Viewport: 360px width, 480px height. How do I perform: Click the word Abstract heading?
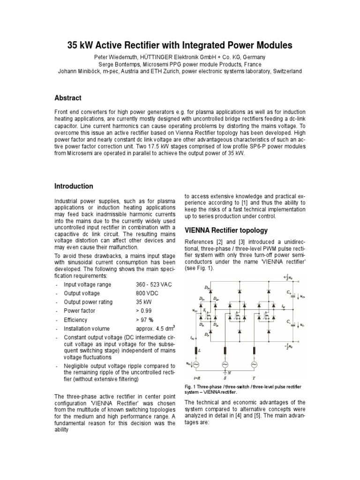[x=68, y=98]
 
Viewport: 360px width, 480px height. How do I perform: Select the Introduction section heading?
[x=74, y=186]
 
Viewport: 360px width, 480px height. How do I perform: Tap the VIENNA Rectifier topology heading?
[x=226, y=230]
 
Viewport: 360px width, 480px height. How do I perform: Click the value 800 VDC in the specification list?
[x=148, y=293]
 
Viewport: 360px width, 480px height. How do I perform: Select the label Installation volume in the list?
[x=87, y=328]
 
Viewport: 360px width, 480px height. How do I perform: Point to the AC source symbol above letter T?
[x=255, y=364]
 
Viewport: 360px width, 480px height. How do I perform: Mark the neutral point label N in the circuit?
[x=230, y=374]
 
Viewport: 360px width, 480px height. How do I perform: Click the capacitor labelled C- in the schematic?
[x=292, y=323]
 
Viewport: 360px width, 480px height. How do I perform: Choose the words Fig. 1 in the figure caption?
[x=191, y=387]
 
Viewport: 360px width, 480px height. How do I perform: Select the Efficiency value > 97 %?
[x=145, y=320]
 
